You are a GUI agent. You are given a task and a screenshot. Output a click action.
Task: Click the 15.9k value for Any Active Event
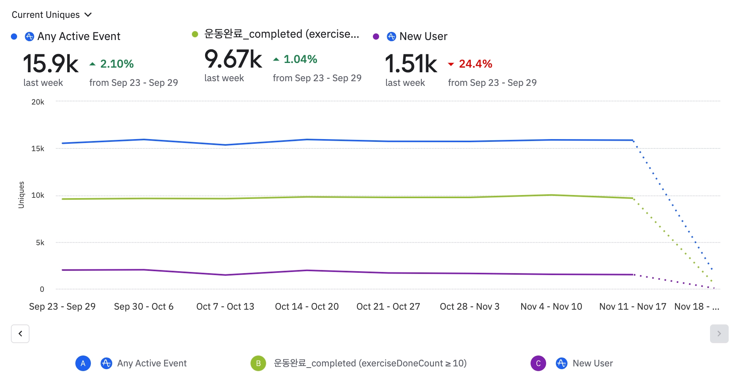tap(51, 64)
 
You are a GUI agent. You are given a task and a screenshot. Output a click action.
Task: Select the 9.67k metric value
tap(233, 59)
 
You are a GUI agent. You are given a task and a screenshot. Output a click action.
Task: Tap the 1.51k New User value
tap(411, 64)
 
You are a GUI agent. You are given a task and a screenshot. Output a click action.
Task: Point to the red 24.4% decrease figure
tap(475, 64)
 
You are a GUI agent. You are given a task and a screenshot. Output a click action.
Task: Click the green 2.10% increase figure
tap(117, 64)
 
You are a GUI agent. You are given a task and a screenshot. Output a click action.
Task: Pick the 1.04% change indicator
tap(300, 59)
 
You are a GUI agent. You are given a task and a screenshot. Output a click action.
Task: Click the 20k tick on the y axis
tap(38, 102)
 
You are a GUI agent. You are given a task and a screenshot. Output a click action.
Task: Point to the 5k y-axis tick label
tap(40, 242)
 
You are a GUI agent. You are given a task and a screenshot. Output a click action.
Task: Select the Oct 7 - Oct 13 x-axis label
tap(225, 307)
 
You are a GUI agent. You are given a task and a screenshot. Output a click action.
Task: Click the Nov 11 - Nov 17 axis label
tap(633, 307)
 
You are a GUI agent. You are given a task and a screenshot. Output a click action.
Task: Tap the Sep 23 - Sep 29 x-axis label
tap(62, 307)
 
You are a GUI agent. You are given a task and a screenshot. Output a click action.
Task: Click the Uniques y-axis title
tap(21, 195)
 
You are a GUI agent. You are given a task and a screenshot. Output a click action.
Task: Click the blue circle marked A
tap(83, 363)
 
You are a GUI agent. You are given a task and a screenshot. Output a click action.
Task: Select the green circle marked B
tap(258, 363)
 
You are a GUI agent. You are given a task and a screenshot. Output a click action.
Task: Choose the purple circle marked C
tap(538, 363)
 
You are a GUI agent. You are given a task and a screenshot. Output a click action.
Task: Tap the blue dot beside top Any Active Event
tap(14, 37)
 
